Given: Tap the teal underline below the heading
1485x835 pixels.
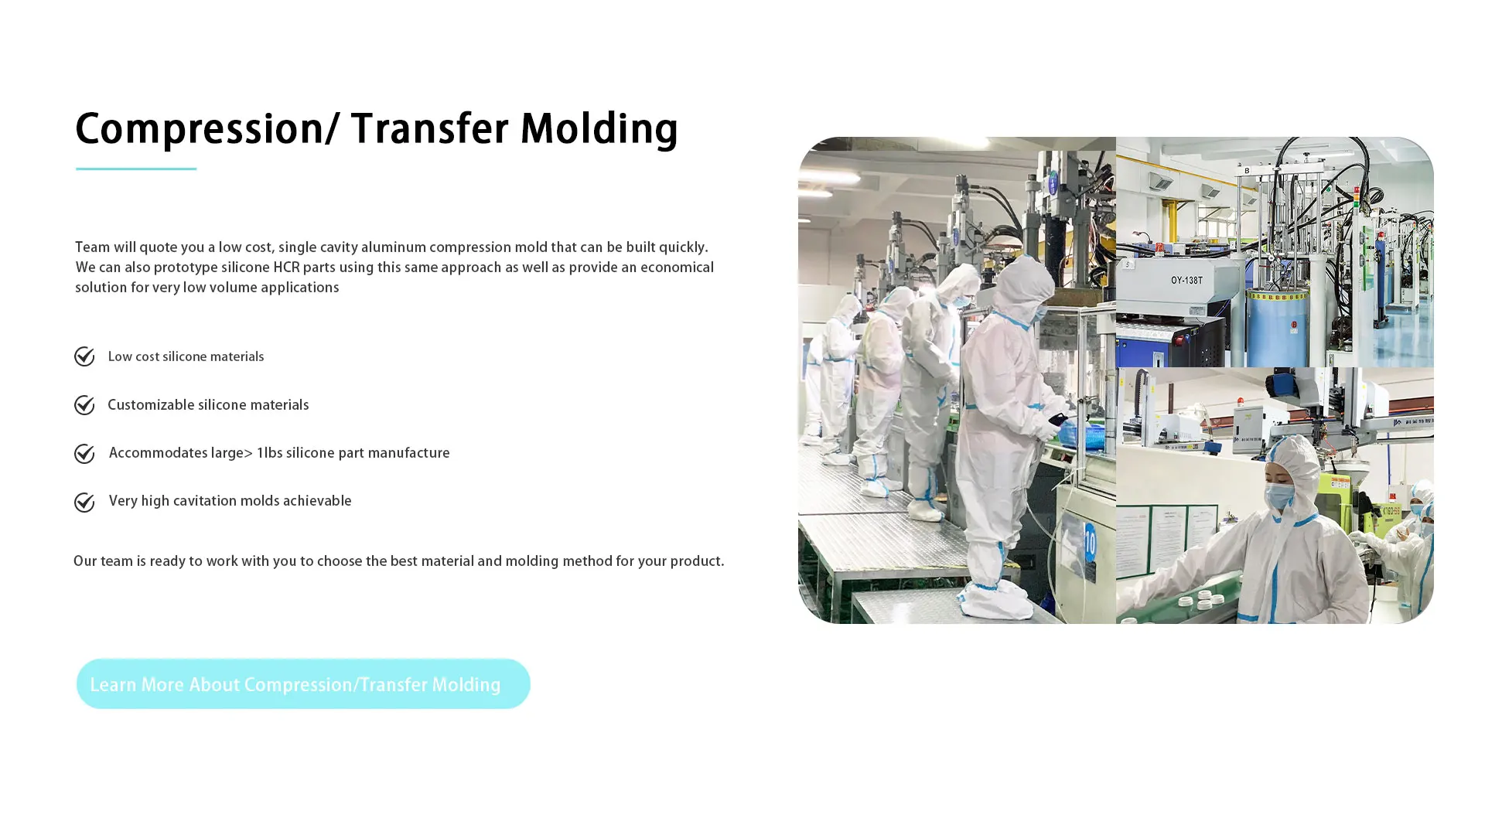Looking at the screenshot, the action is tap(136, 168).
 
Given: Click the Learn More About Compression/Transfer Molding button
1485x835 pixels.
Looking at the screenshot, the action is tap(303, 683).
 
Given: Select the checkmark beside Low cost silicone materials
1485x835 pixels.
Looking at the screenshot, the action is tap(84, 356).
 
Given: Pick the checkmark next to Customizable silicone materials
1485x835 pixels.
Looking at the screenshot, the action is tap(84, 405).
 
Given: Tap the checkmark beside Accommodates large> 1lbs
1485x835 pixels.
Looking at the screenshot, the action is tap(84, 454).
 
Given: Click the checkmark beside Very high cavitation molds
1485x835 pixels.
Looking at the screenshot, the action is tap(84, 503).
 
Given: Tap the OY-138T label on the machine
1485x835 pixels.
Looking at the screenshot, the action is tap(1186, 280).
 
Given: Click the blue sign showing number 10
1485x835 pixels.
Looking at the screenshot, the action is tap(1089, 544).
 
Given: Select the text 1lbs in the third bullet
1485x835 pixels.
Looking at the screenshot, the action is tap(269, 453).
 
